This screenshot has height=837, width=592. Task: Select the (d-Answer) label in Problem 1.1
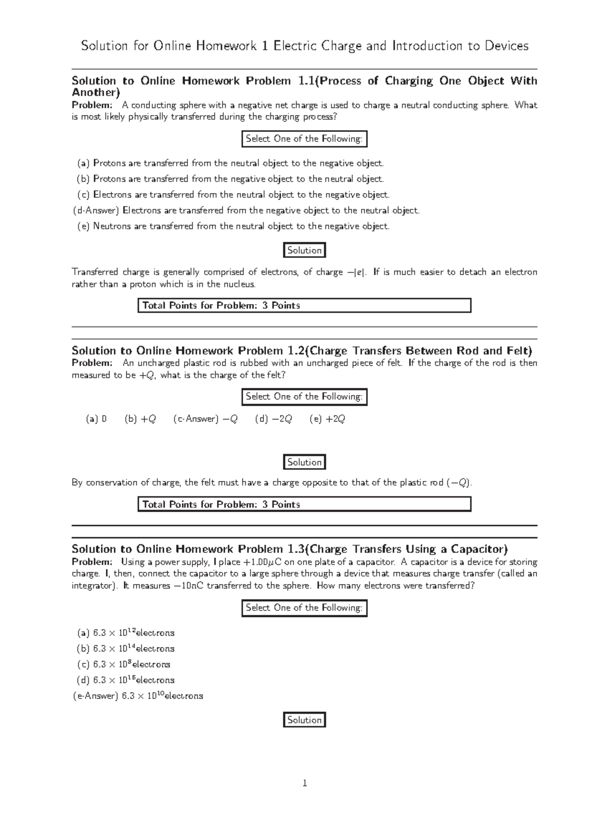pyautogui.click(x=96, y=210)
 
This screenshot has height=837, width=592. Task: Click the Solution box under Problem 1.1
pyautogui.click(x=304, y=250)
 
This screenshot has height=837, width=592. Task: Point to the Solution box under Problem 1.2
pyautogui.click(x=304, y=462)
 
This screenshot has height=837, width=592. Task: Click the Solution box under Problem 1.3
pyautogui.click(x=304, y=720)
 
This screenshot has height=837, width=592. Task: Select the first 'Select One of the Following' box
pyautogui.click(x=304, y=139)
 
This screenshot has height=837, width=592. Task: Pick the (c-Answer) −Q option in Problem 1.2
pyautogui.click(x=206, y=419)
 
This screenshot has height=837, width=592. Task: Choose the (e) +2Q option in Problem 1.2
pyautogui.click(x=327, y=419)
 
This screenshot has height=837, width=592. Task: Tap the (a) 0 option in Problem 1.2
pyautogui.click(x=96, y=419)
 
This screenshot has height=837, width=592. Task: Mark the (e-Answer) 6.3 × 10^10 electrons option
pyautogui.click(x=138, y=696)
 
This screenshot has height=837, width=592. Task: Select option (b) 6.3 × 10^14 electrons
pyautogui.click(x=126, y=649)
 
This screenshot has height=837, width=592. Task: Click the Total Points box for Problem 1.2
pyautogui.click(x=304, y=504)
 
